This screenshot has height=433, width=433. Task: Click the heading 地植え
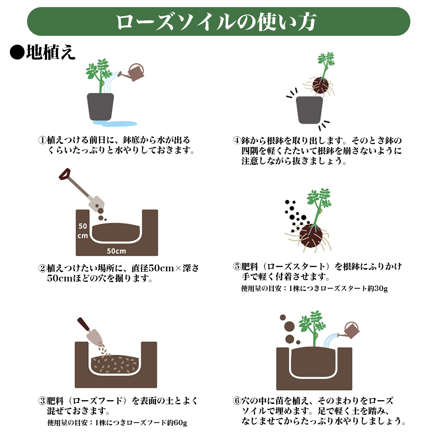51,52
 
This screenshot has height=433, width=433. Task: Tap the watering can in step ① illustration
132,72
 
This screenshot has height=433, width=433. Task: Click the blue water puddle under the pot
115,123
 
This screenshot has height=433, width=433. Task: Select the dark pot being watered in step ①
100,107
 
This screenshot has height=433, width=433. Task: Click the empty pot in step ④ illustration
310,110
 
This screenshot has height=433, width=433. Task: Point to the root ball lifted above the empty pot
320,85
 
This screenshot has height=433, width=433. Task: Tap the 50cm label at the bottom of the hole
116,251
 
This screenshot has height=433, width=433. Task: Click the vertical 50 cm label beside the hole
83,231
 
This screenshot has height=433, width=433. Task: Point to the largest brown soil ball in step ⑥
290,326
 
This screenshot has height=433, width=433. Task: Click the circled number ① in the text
42,140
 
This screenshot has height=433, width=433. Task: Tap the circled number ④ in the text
237,141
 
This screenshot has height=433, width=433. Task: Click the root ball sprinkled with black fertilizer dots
311,236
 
